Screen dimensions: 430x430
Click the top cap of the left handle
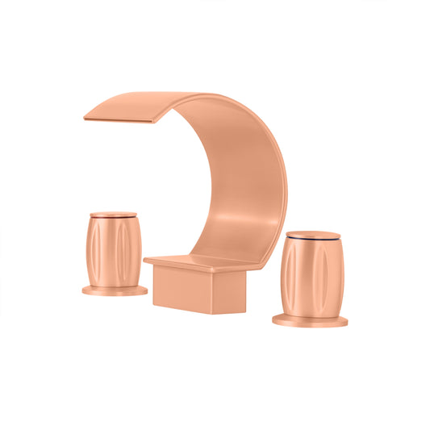113,214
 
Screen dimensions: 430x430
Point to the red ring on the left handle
113,219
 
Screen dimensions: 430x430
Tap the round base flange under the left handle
114,289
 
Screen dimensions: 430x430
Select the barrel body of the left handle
113,250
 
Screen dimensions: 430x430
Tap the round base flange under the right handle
310,320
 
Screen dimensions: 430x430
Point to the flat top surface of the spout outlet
137,103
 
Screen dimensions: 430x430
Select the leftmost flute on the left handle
90,251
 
